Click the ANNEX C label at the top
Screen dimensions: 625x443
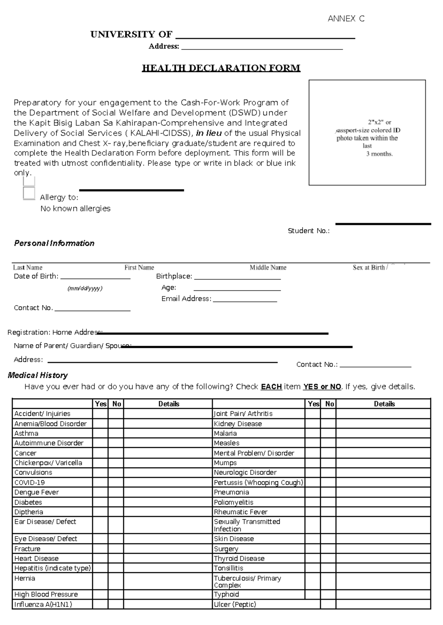point(346,19)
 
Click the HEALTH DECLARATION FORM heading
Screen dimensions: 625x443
point(221,68)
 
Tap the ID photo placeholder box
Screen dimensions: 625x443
point(367,132)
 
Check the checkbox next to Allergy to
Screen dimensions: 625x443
point(29,193)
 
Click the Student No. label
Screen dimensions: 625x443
point(309,231)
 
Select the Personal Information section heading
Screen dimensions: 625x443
point(54,243)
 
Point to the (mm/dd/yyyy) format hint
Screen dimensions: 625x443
point(85,289)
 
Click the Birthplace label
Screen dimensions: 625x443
point(174,276)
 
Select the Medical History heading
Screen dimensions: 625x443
point(38,375)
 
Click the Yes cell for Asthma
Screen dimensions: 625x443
point(100,434)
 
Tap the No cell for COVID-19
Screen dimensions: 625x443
point(116,483)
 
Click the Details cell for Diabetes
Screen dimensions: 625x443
point(168,502)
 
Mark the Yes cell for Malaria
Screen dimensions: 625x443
point(312,434)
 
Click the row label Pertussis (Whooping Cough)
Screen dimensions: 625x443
point(258,483)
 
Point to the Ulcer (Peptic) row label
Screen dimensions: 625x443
point(235,604)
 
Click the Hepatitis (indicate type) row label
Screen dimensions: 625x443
point(52,568)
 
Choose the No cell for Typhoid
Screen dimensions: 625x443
point(328,594)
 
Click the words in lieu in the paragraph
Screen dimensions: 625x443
point(209,133)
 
